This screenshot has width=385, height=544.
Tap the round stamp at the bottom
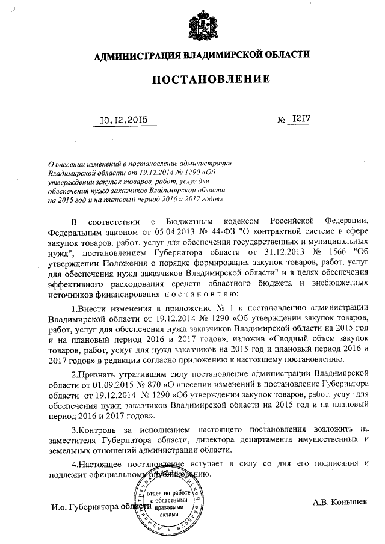coord(170,500)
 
